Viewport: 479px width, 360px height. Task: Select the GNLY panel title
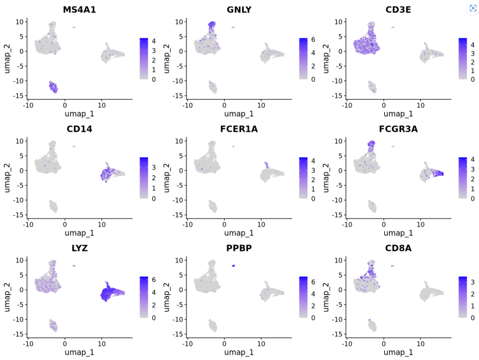239,9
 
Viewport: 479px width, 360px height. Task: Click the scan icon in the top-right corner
473,8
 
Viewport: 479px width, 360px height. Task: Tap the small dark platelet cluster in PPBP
233,265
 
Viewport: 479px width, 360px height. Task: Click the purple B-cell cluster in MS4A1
54,87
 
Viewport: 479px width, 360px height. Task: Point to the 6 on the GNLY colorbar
313,40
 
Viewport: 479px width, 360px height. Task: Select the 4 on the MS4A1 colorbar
153,41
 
